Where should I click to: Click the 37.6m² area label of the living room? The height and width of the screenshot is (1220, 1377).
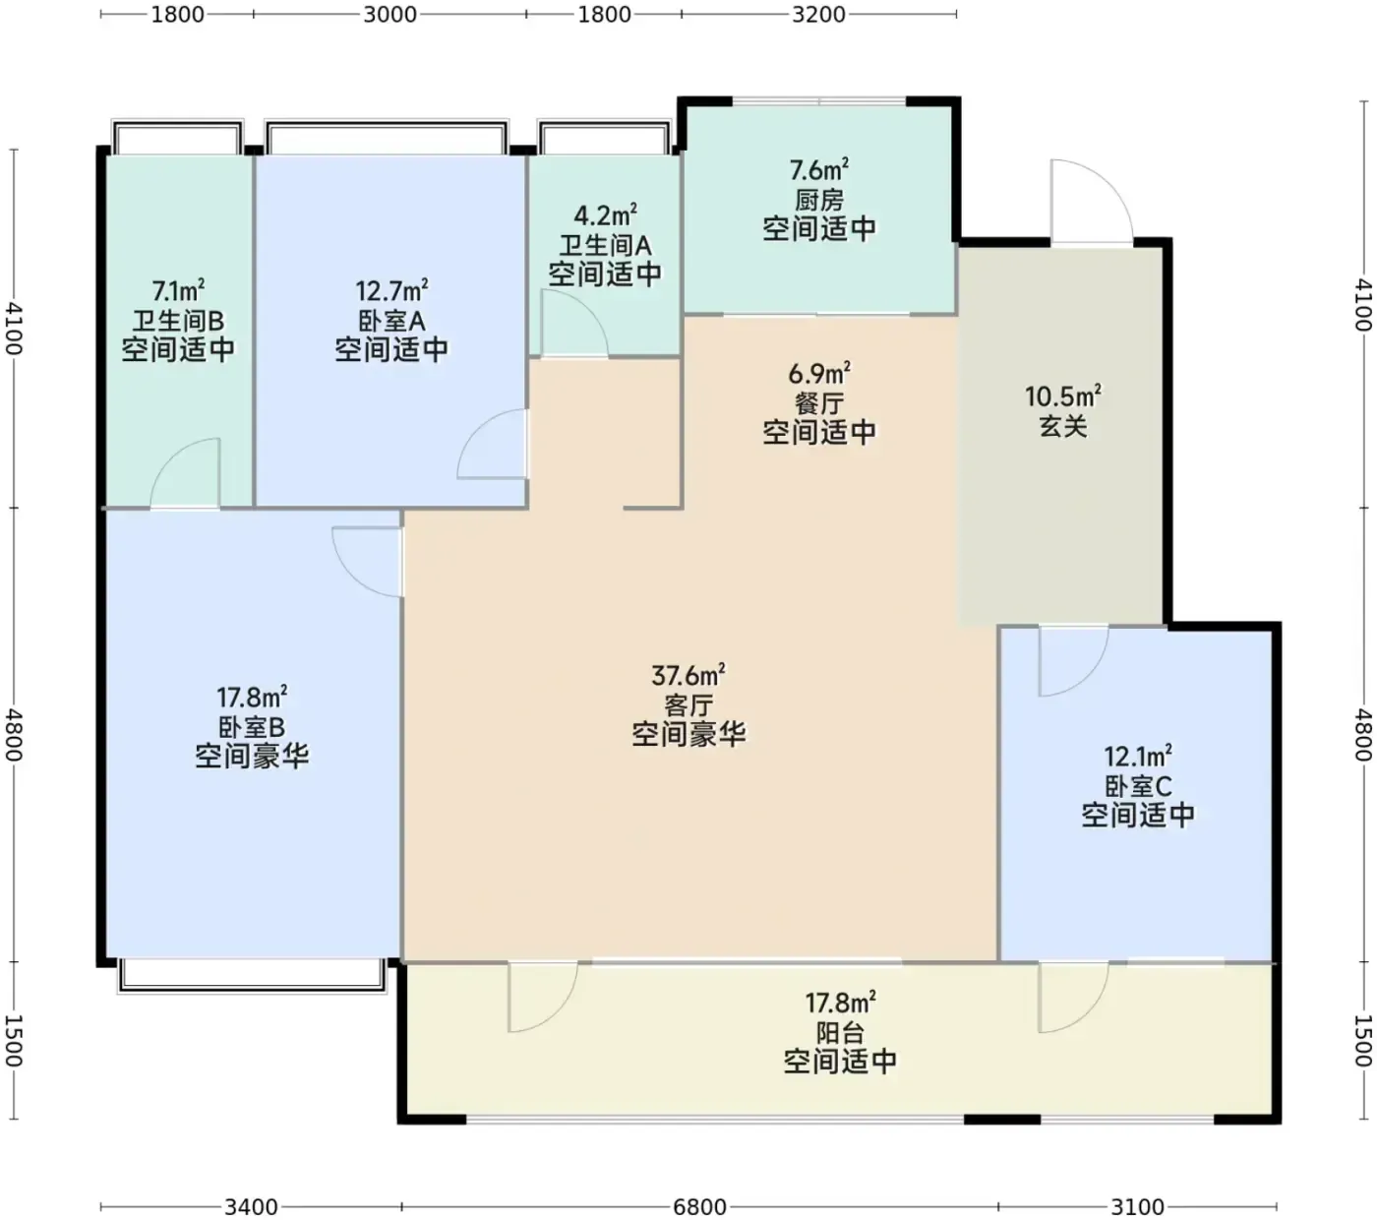[x=688, y=675]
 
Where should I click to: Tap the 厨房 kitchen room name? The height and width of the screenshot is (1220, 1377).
[x=819, y=200]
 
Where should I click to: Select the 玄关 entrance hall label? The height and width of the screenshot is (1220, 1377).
[x=1063, y=426]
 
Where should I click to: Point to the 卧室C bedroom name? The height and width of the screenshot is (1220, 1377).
[x=1138, y=786]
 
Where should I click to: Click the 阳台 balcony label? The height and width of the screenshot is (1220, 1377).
[x=840, y=1033]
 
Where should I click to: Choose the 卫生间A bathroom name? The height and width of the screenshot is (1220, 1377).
[x=605, y=245]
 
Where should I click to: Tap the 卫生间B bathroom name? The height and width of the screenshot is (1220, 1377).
[x=178, y=321]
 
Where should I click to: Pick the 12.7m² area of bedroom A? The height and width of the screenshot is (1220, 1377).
[x=391, y=291]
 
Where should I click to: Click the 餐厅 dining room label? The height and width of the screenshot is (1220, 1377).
[x=819, y=403]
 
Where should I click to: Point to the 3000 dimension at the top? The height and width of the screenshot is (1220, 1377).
[x=389, y=15]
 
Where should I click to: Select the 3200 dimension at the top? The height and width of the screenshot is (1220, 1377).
[x=818, y=15]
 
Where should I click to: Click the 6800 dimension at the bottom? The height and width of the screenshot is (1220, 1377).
[x=699, y=1206]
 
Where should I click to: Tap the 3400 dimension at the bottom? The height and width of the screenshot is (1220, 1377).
[x=251, y=1206]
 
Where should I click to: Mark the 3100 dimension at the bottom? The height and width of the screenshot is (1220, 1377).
[x=1137, y=1206]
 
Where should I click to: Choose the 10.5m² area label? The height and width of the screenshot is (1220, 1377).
[x=1063, y=396]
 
